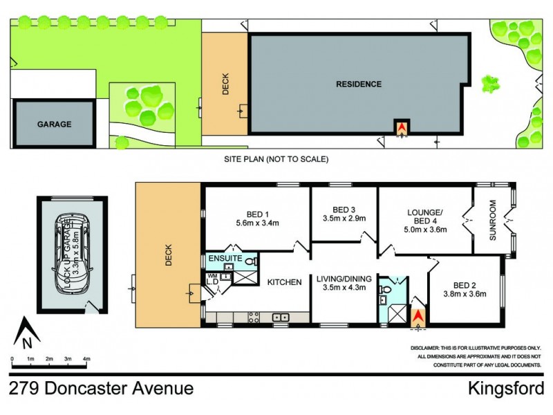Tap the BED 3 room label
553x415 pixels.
(344, 210)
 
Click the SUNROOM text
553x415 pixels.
(493, 220)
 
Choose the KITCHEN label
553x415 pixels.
(284, 282)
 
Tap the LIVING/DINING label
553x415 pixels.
(344, 279)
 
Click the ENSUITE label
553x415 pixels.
(224, 259)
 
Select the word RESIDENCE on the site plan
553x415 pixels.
(359, 84)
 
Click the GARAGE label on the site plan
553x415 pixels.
(54, 124)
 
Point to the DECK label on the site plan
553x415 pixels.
(225, 84)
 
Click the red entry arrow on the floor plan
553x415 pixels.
(418, 317)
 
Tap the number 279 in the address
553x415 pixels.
(24, 389)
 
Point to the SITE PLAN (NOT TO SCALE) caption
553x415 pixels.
(276, 159)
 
